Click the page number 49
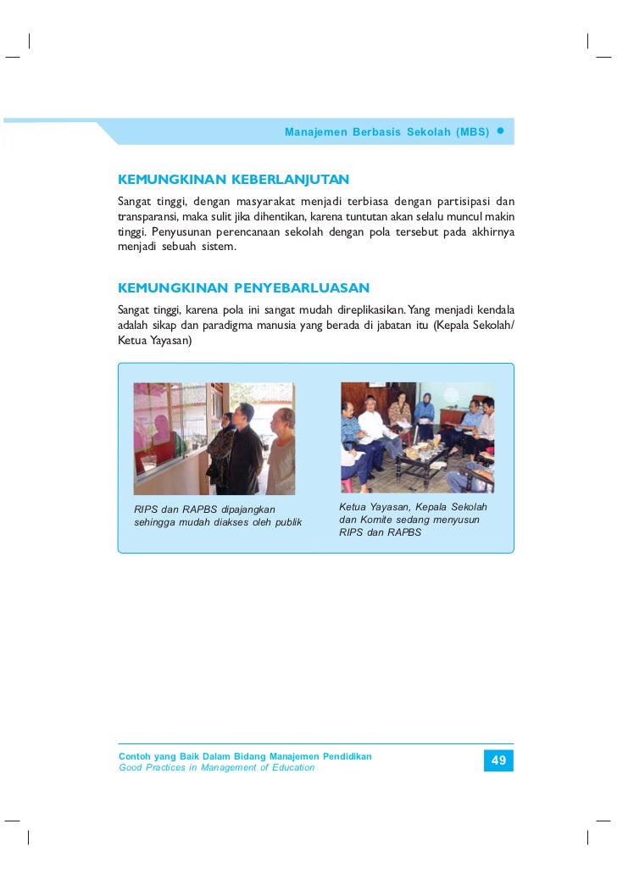click(498, 761)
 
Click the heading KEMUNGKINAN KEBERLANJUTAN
click(233, 181)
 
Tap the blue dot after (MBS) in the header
click(501, 132)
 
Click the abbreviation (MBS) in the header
click(472, 133)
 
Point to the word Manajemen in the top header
click(311, 133)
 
